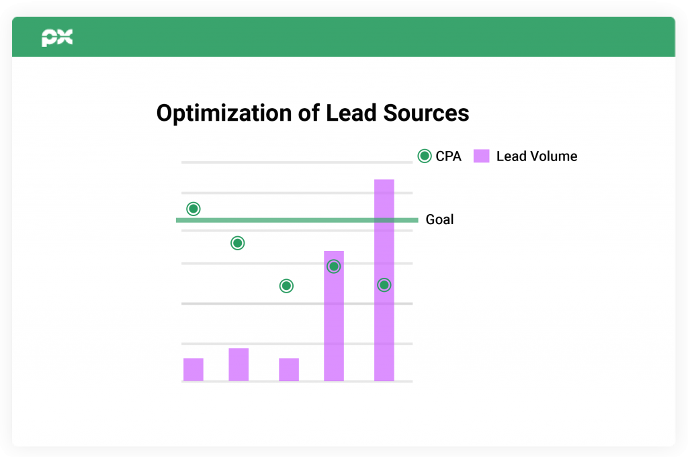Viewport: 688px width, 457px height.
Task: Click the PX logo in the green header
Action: pyautogui.click(x=57, y=38)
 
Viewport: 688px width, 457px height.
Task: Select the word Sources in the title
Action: pyautogui.click(x=426, y=113)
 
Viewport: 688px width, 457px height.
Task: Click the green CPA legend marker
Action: pyautogui.click(x=425, y=156)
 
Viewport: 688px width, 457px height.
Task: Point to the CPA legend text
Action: pyautogui.click(x=448, y=156)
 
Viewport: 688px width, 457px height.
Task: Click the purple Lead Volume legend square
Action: pyautogui.click(x=481, y=156)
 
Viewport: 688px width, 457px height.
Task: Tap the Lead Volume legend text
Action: pyautogui.click(x=537, y=156)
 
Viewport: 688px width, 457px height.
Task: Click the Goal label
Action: pyautogui.click(x=439, y=219)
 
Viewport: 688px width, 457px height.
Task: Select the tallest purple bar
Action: pyautogui.click(x=384, y=281)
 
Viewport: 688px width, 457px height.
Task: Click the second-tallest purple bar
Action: pyautogui.click(x=334, y=316)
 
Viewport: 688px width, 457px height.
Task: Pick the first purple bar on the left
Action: pyautogui.click(x=193, y=370)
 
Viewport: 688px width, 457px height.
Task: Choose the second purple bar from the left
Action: pyautogui.click(x=239, y=364)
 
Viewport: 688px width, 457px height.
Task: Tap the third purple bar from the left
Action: pyautogui.click(x=289, y=370)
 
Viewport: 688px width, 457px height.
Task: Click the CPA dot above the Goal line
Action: pyautogui.click(x=193, y=209)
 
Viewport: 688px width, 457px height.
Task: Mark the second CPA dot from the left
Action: pyautogui.click(x=237, y=243)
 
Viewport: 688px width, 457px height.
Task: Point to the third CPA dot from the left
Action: pyautogui.click(x=286, y=286)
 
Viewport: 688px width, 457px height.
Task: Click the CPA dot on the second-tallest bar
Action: pyautogui.click(x=334, y=266)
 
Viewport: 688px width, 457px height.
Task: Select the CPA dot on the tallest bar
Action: pyautogui.click(x=384, y=285)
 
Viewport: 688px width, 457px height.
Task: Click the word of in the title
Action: pyautogui.click(x=309, y=113)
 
